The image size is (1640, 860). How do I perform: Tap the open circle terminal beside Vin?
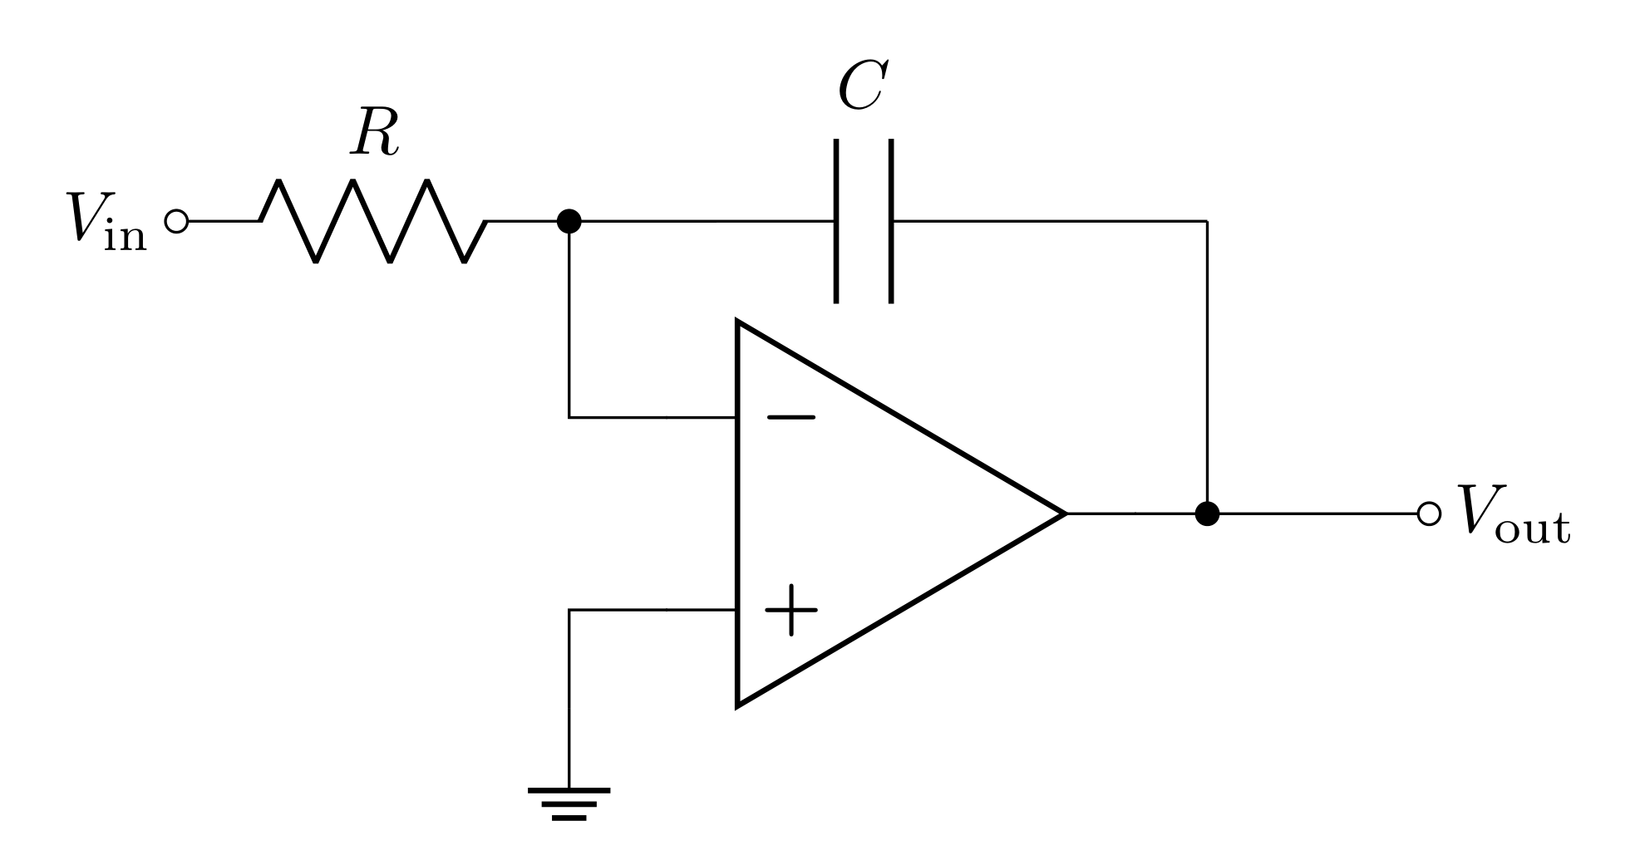tap(176, 221)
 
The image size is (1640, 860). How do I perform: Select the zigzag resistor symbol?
tap(373, 221)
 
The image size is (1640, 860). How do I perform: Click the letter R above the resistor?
tap(375, 134)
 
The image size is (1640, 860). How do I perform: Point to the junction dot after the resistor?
tap(569, 221)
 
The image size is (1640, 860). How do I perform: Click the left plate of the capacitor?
tap(836, 221)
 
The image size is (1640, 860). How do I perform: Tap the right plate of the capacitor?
tap(891, 221)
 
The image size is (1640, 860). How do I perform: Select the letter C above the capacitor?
tap(863, 86)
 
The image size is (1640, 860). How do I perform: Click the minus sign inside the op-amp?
tap(790, 417)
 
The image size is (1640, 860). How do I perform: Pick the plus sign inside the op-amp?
tap(790, 610)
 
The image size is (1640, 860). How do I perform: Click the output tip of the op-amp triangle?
tap(1064, 514)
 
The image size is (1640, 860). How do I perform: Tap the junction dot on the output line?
tap(1207, 514)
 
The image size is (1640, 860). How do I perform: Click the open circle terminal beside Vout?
tap(1428, 514)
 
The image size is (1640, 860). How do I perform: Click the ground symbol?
tap(569, 803)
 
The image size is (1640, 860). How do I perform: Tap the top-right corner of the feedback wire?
tap(1207, 221)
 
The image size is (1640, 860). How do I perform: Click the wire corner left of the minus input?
tap(569, 417)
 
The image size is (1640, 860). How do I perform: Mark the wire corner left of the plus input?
tap(569, 610)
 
